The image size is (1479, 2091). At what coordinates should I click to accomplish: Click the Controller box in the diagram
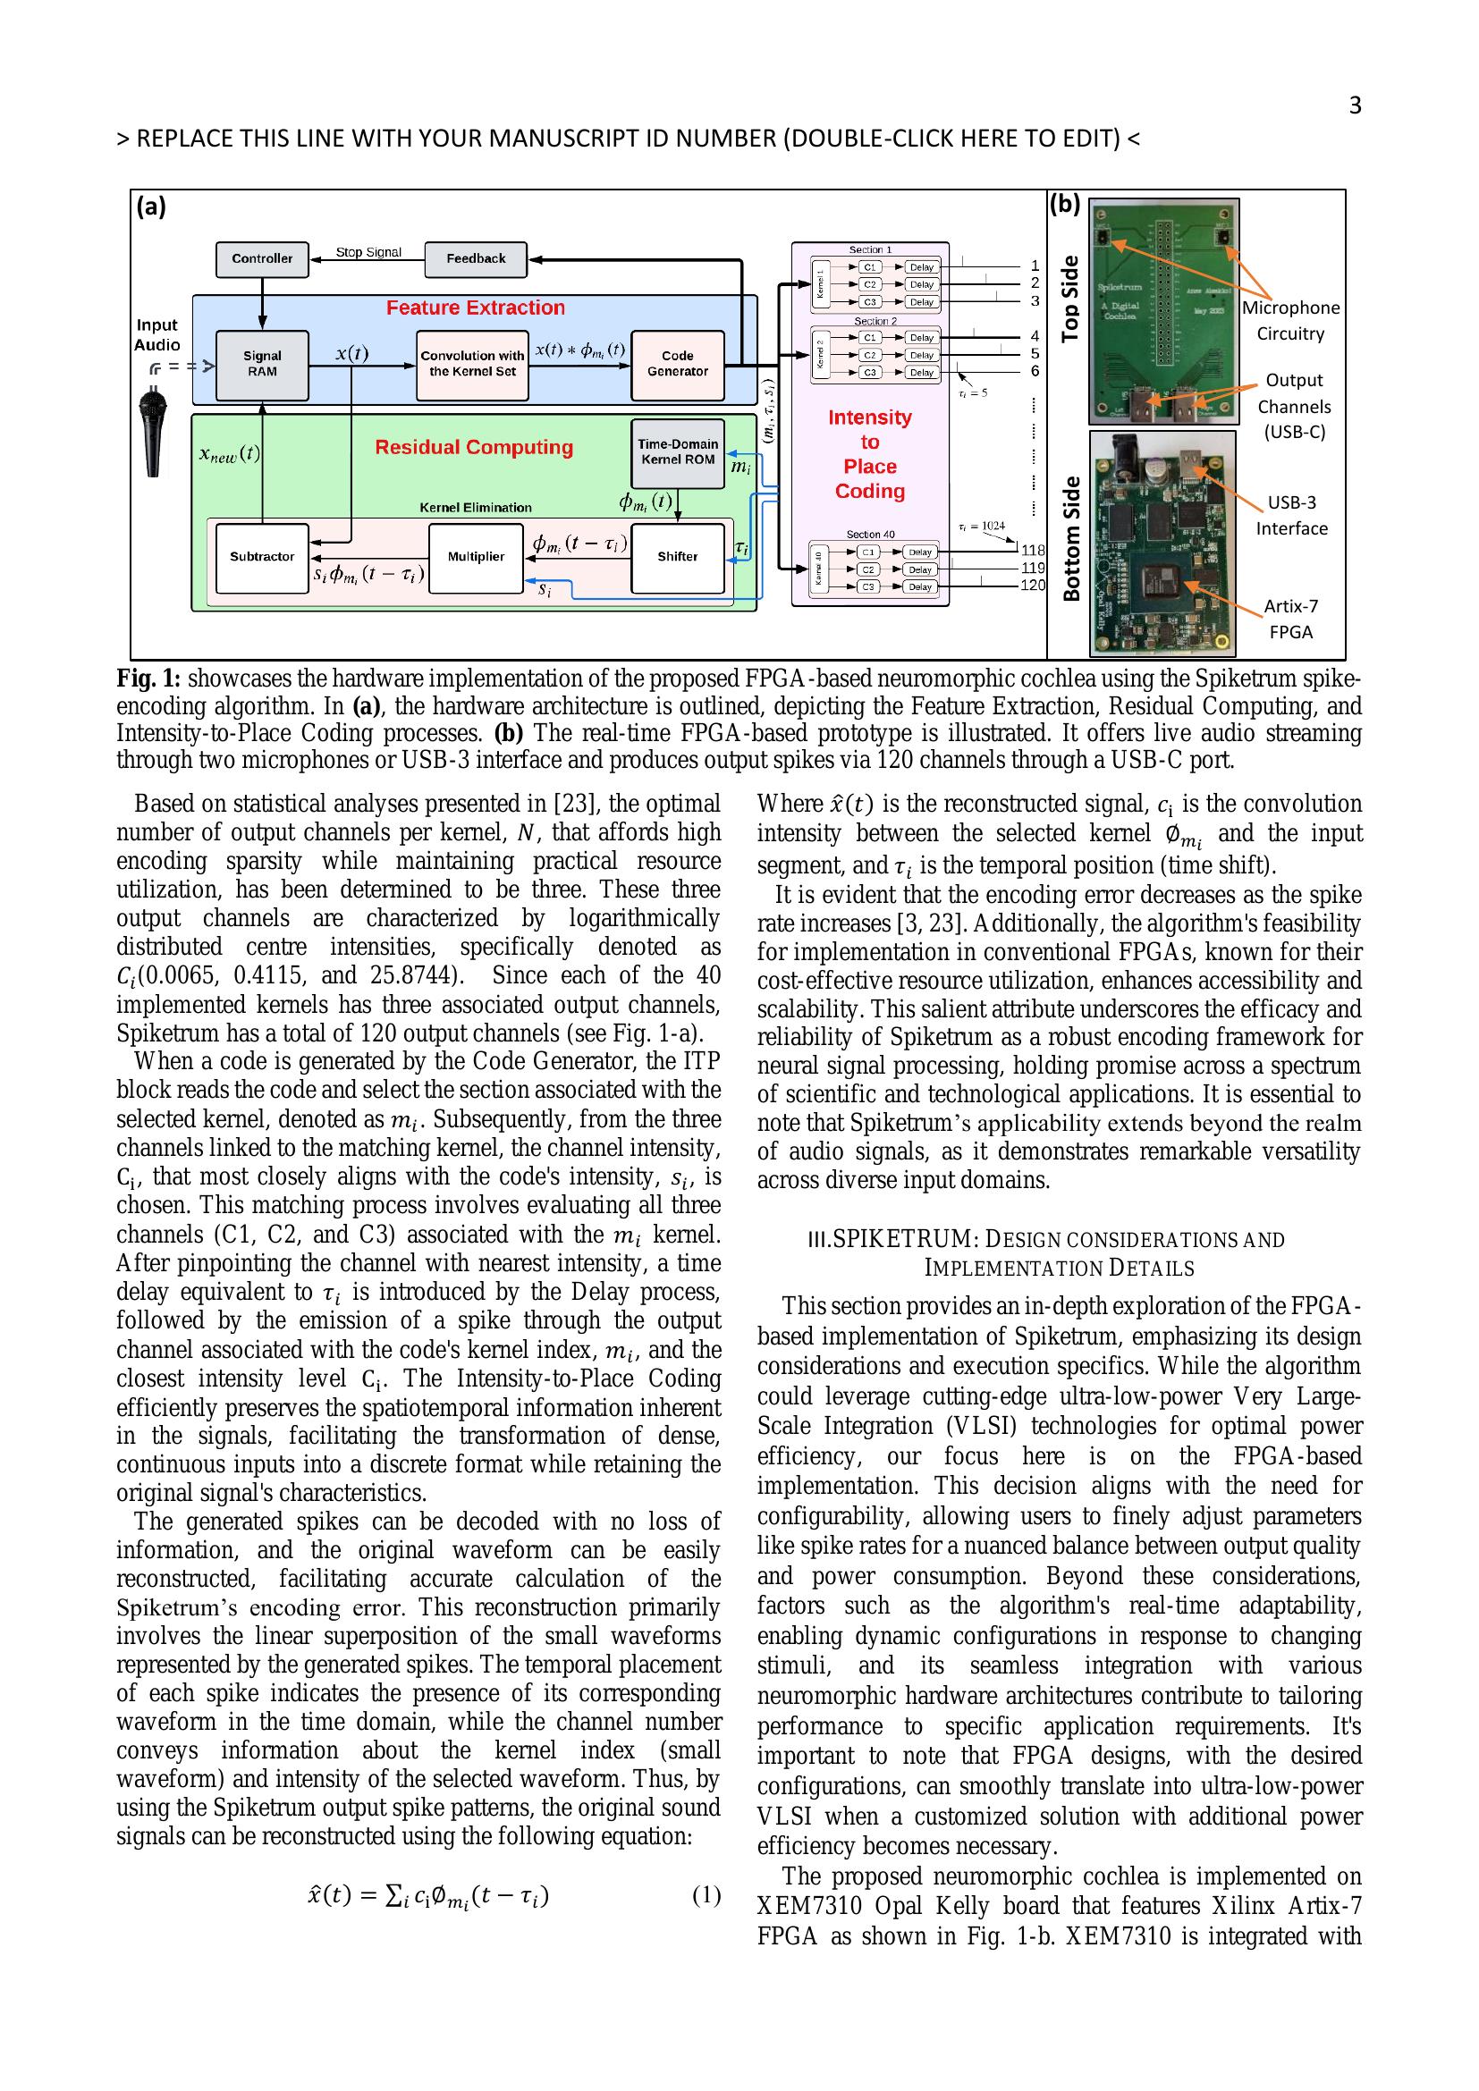pos(262,258)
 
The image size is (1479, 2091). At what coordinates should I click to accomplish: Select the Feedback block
pos(476,258)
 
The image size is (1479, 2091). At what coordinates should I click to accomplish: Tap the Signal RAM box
pos(262,364)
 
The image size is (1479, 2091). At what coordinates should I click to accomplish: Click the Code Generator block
pos(677,364)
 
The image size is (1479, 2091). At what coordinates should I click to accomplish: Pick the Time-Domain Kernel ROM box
pos(678,452)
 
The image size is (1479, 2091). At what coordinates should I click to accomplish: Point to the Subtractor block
pos(262,556)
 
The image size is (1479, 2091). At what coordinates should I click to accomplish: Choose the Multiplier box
pos(476,556)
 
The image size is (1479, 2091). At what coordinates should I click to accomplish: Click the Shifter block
pos(677,556)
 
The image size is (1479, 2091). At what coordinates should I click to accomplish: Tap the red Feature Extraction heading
pos(475,308)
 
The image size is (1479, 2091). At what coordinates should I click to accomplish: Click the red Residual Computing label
pos(474,447)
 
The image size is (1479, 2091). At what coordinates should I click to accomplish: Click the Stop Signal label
pos(368,252)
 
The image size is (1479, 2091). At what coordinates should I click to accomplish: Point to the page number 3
pos(1354,105)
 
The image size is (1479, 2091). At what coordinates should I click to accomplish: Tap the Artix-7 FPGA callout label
pos(1290,620)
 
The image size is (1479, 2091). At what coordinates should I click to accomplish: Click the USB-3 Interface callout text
pos(1291,516)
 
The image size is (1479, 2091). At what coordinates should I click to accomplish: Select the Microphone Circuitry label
pos(1290,321)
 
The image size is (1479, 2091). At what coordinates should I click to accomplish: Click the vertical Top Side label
pos(1071,299)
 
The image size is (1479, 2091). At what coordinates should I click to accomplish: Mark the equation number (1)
pos(706,1896)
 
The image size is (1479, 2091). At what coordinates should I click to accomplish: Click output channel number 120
pos(1033,586)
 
